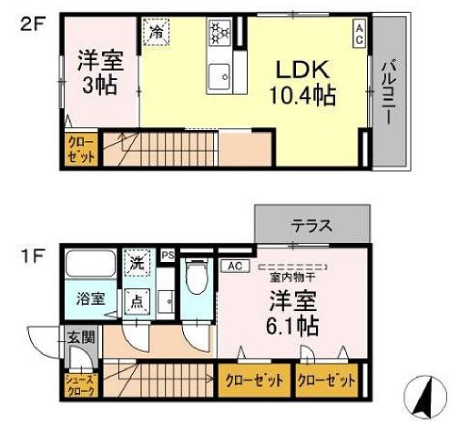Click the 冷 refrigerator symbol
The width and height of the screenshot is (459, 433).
click(157, 31)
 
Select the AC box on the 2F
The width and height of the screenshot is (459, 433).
click(360, 34)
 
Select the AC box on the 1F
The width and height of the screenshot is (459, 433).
click(234, 266)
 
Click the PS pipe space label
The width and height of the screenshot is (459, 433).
click(167, 256)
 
